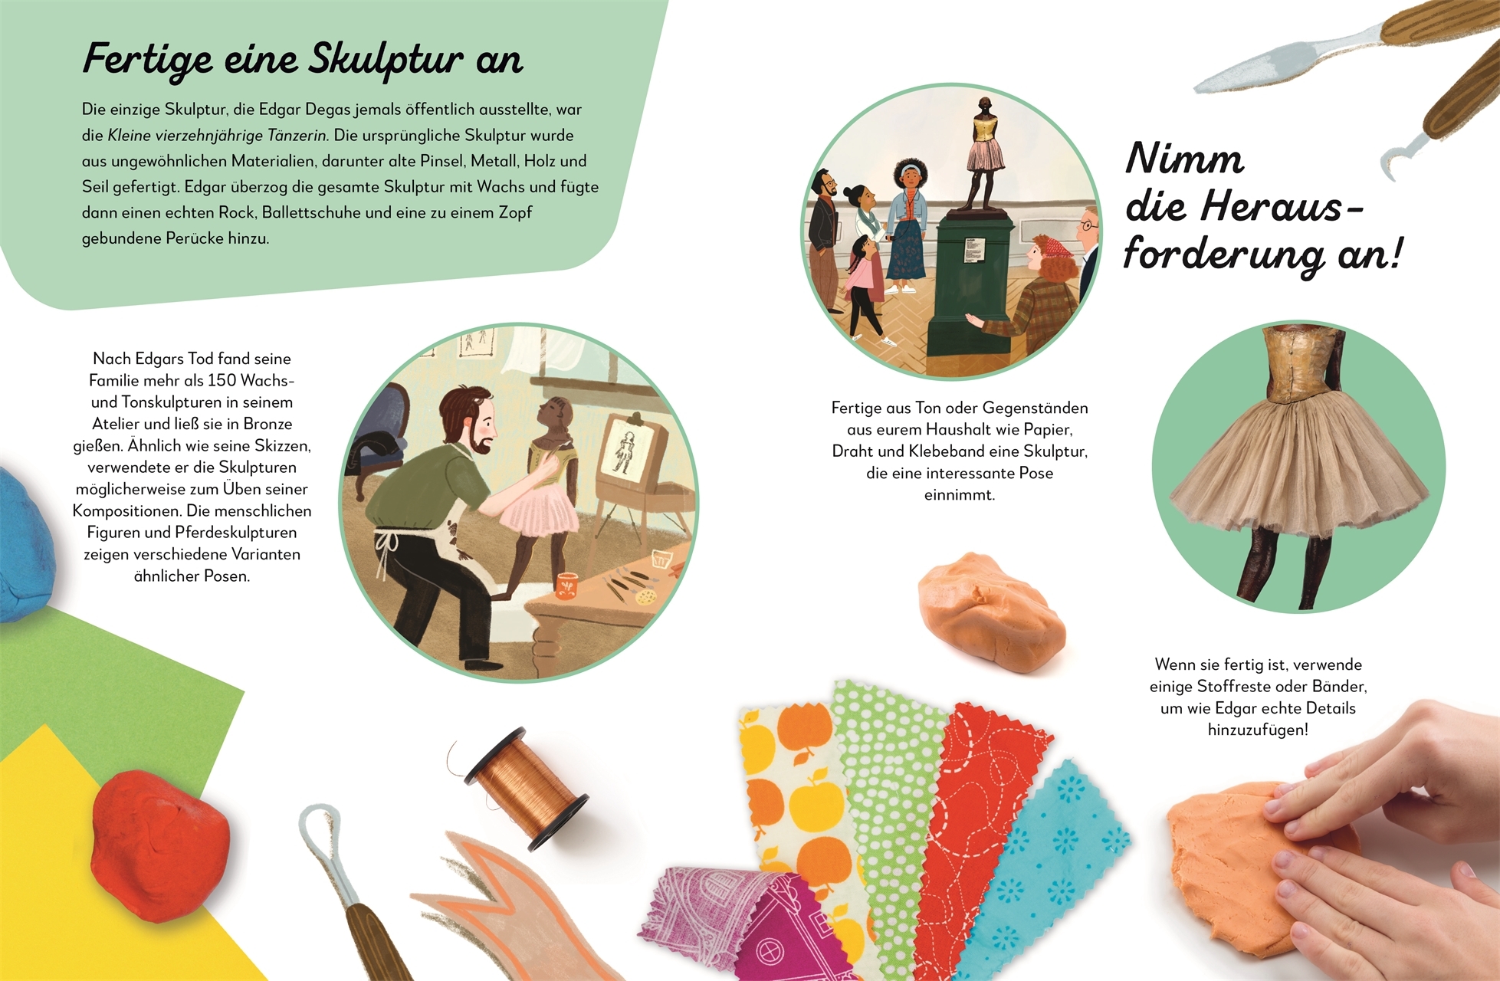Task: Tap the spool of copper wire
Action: click(x=527, y=789)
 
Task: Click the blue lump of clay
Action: click(x=23, y=544)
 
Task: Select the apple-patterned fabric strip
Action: click(x=797, y=797)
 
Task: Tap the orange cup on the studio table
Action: click(x=567, y=586)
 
